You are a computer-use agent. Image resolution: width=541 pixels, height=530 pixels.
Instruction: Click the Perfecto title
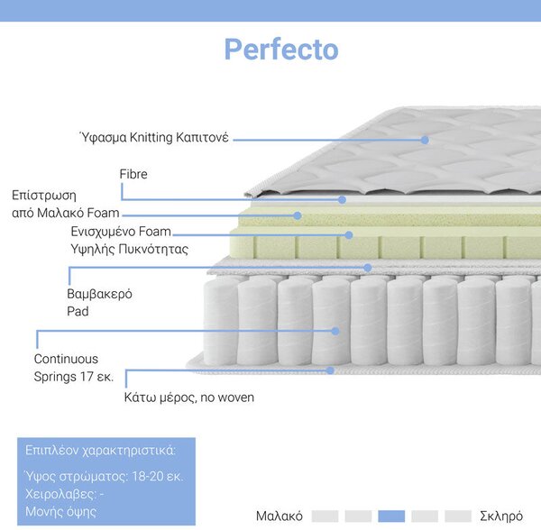[281, 49]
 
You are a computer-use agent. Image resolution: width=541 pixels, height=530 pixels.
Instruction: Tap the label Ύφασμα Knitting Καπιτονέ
[154, 137]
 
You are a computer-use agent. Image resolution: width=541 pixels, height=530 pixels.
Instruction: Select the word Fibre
[133, 174]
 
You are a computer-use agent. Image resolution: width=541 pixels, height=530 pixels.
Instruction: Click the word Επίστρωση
[44, 196]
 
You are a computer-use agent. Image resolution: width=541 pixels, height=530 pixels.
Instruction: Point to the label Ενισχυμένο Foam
[121, 232]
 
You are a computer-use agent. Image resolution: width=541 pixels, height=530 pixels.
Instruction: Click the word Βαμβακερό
[99, 294]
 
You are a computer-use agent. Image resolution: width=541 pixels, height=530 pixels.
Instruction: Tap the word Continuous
[66, 359]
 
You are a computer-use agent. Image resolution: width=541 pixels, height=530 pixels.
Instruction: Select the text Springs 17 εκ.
[74, 377]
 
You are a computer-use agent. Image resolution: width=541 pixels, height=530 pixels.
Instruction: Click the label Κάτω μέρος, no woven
[189, 397]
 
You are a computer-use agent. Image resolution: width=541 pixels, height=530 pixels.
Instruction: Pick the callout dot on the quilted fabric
[425, 140]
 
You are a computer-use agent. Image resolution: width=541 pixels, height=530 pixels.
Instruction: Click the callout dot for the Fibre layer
[342, 200]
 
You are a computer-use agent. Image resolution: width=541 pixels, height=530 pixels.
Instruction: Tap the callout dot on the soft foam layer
[298, 215]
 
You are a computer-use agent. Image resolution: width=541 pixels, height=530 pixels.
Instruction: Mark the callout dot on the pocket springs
[335, 331]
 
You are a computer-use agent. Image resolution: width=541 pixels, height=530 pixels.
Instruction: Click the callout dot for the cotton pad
[368, 268]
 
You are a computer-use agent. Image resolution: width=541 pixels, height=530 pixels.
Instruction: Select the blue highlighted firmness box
[391, 516]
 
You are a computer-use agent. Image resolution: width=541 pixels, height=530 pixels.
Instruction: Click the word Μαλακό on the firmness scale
[280, 516]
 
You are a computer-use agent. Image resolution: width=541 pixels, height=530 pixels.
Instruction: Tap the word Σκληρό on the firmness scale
[501, 516]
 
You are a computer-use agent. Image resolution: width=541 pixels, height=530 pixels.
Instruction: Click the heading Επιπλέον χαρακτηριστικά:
[100, 451]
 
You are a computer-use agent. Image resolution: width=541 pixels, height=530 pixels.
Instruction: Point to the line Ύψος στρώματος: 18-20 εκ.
[105, 476]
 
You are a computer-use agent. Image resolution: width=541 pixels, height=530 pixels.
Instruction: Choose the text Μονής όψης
[60, 511]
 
